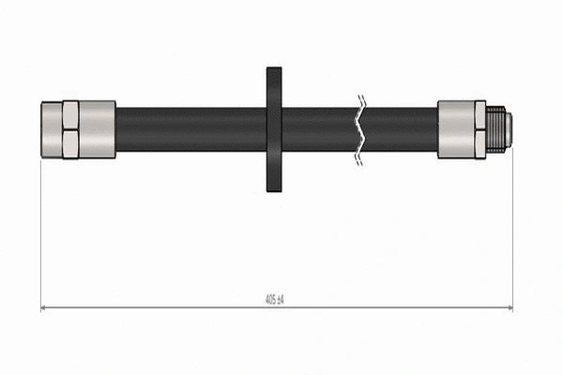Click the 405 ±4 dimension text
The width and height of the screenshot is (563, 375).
click(275, 299)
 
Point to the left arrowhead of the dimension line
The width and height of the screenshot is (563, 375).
click(45, 307)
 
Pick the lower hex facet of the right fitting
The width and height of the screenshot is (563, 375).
click(479, 143)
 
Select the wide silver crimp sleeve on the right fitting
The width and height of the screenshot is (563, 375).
click(456, 129)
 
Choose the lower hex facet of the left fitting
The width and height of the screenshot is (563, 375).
click(69, 143)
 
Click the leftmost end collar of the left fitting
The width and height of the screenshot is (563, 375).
click(51, 129)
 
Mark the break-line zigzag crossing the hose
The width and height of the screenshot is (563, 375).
click(358, 129)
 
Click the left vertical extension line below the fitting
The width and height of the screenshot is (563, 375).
click(41, 234)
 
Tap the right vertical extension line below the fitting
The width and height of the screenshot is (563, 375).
click(512, 234)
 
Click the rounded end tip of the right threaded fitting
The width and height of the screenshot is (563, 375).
click(510, 129)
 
